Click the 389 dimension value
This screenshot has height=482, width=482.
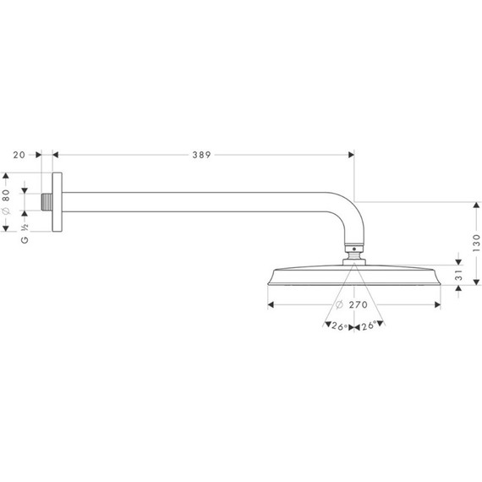(x=200, y=155)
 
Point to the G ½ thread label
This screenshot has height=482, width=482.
(x=25, y=234)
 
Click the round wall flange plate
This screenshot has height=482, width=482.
(x=57, y=201)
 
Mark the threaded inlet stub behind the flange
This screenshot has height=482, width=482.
(x=46, y=201)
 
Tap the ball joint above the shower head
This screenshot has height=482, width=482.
(x=354, y=251)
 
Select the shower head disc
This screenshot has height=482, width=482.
(x=354, y=277)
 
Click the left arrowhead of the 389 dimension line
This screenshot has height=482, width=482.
(x=57, y=155)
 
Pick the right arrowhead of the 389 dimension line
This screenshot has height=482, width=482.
(x=351, y=155)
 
